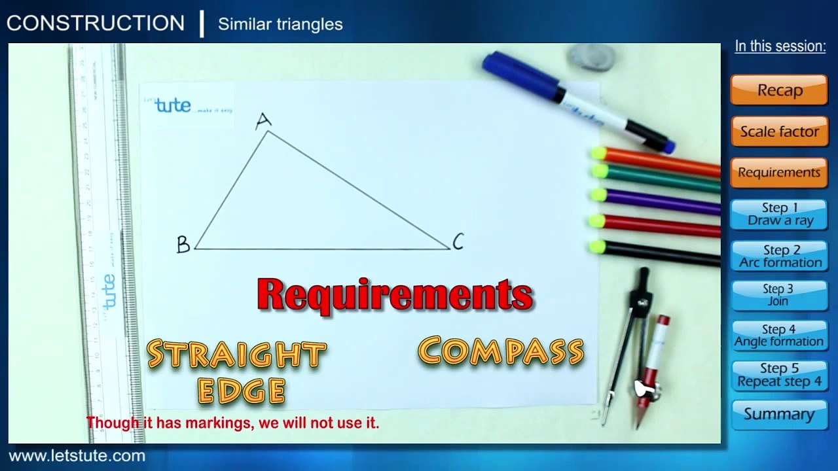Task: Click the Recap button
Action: (x=779, y=90)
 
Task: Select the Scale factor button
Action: (x=779, y=131)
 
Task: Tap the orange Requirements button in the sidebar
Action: (x=779, y=173)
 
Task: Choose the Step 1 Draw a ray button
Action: (x=779, y=214)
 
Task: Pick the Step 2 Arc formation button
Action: (x=779, y=256)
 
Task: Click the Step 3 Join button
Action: (x=779, y=295)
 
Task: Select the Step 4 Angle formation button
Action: (x=779, y=335)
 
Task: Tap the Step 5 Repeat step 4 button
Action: (x=779, y=375)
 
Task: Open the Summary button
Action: (x=779, y=414)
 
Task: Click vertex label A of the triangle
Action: (x=263, y=121)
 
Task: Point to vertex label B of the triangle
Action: (x=183, y=245)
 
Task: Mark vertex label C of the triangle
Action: (x=458, y=242)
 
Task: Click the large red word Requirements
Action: (x=395, y=294)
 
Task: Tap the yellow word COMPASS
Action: (x=501, y=351)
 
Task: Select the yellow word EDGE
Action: (x=242, y=391)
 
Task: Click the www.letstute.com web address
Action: (x=77, y=456)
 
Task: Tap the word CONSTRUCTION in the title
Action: (x=96, y=24)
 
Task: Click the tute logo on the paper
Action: (x=173, y=105)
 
